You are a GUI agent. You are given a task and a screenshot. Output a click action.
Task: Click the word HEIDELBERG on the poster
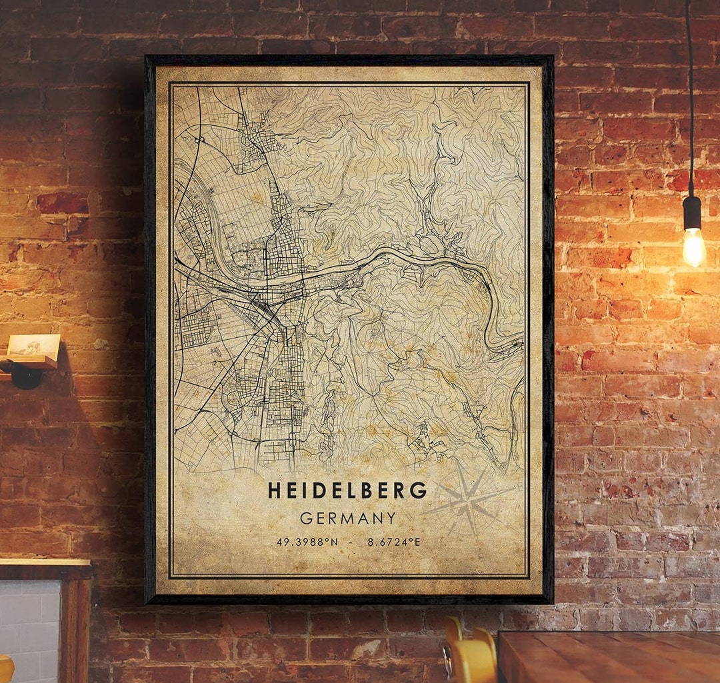(347, 491)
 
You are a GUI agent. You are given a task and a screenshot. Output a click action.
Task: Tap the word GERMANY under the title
(347, 518)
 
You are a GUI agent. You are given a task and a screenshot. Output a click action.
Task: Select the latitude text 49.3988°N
(307, 542)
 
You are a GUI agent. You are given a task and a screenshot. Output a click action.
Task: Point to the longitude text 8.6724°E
(394, 542)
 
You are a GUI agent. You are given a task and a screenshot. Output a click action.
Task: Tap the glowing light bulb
(693, 247)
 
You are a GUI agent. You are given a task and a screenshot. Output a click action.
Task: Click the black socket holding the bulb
(692, 212)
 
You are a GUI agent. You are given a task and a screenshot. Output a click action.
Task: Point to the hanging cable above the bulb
(689, 100)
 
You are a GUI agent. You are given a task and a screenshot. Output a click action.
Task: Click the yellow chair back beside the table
(470, 656)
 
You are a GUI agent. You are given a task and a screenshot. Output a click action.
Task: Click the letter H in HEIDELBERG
(273, 491)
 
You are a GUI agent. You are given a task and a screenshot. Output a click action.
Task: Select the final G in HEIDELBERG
(419, 491)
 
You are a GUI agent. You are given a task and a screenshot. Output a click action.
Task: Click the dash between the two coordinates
(353, 542)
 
